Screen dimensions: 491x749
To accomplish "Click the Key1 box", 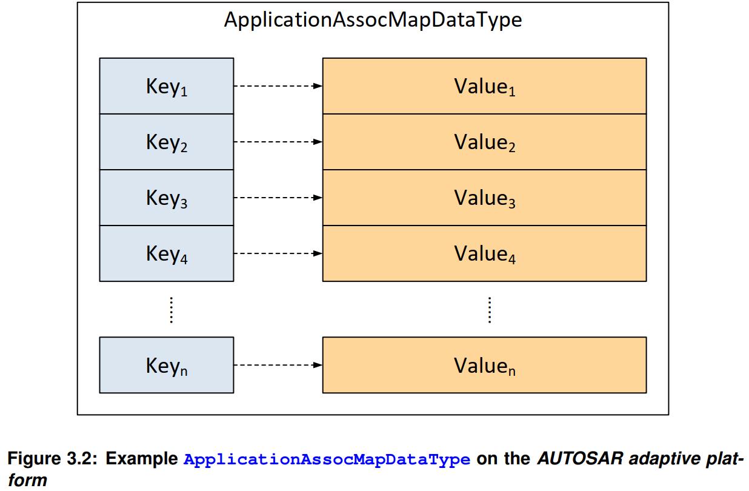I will point(167,86).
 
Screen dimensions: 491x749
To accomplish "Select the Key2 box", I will point(167,142).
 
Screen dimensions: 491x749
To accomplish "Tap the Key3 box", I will point(167,198).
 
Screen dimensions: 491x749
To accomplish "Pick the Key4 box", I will point(167,253).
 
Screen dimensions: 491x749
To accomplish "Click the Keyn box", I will point(167,365).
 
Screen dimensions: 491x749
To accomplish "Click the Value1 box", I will point(484,86).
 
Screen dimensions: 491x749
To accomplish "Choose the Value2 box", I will point(484,142).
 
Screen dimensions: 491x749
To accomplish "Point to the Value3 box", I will point(484,198).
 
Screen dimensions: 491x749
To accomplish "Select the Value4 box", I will point(484,253).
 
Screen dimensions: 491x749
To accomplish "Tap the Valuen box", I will point(484,365).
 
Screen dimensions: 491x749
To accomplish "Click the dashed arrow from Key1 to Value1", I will point(278,86).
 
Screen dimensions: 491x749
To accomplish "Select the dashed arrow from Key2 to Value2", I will point(278,142).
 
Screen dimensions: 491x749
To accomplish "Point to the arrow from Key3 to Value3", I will point(278,198).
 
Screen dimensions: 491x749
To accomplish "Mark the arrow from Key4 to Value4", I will point(278,253).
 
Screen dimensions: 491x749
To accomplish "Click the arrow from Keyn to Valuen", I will point(278,365).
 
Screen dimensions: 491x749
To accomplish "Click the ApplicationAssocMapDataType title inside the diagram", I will point(373,20).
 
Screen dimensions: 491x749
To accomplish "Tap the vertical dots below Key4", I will point(171,310).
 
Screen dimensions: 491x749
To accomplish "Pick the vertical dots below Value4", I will point(489,310).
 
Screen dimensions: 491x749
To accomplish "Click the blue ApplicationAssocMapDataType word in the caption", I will point(327,459).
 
